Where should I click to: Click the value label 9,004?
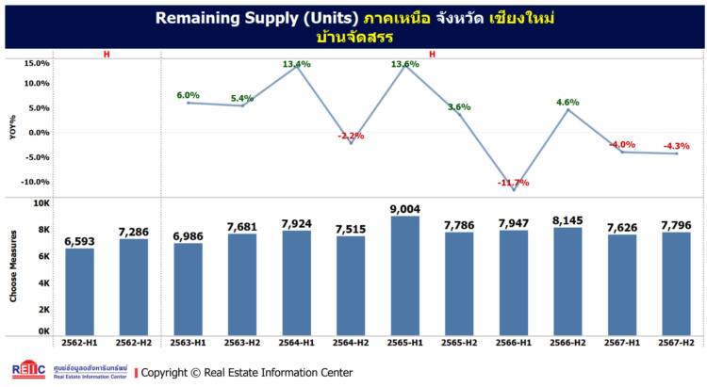[x=405, y=209]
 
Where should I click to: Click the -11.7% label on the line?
[x=514, y=182]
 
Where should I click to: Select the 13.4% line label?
[x=296, y=64]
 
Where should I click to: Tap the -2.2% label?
[x=351, y=136]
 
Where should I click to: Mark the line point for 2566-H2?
[x=567, y=109]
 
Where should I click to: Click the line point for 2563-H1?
[x=188, y=103]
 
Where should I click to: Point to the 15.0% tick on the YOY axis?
[x=36, y=63]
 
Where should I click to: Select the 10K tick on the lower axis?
[x=41, y=202]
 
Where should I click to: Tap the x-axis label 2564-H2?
[x=351, y=345]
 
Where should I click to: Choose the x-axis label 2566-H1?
[x=514, y=345]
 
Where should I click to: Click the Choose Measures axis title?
[x=14, y=269]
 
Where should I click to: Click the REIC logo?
[x=27, y=371]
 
